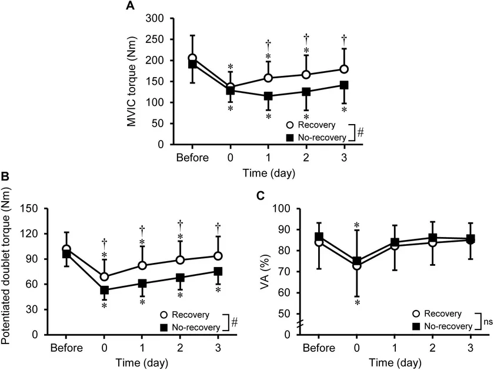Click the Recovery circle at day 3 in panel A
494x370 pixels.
pyautogui.click(x=344, y=69)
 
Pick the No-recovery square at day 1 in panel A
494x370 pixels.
pyautogui.click(x=268, y=96)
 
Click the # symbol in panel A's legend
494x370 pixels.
pyautogui.click(x=360, y=132)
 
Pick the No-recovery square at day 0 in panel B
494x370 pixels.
pyautogui.click(x=105, y=290)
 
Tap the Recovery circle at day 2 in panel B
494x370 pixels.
pyautogui.click(x=180, y=259)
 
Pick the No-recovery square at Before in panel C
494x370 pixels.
pyautogui.click(x=319, y=237)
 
